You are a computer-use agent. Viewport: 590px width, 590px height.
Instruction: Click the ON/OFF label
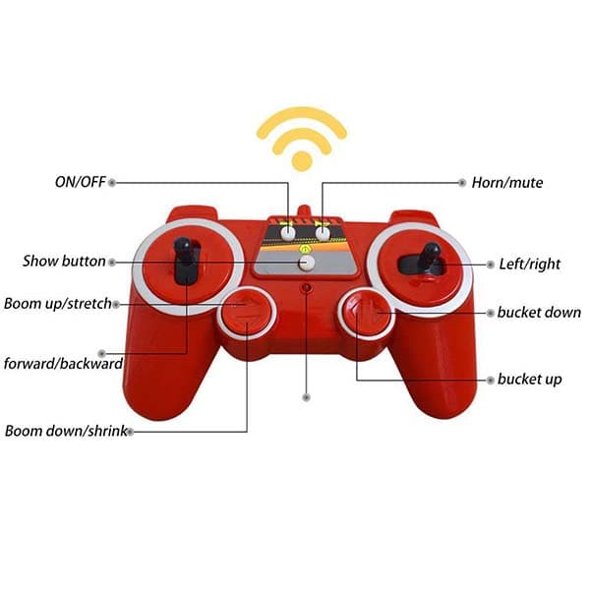coord(81,182)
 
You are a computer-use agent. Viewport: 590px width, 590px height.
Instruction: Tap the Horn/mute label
coord(507,183)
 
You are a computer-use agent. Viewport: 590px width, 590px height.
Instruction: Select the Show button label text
coord(64,262)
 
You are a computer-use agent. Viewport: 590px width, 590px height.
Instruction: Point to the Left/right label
coord(530,265)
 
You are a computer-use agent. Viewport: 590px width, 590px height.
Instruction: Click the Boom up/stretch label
coord(58,304)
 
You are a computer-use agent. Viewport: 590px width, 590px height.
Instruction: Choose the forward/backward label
coord(63,364)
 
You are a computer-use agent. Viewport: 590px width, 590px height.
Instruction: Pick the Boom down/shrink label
coord(66,431)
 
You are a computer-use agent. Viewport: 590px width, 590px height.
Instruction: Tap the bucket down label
coord(539,313)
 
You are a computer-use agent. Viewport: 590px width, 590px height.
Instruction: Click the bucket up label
coord(529,380)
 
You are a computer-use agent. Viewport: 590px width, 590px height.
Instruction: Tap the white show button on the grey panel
coord(307,263)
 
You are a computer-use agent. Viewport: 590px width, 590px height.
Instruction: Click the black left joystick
coord(186,261)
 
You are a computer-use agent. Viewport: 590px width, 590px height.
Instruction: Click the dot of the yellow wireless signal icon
coord(302,161)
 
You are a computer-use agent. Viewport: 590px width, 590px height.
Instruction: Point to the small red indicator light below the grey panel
coord(307,288)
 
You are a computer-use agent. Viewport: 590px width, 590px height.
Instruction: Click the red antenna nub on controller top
coord(305,211)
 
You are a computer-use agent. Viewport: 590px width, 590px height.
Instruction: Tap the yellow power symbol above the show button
coord(306,249)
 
